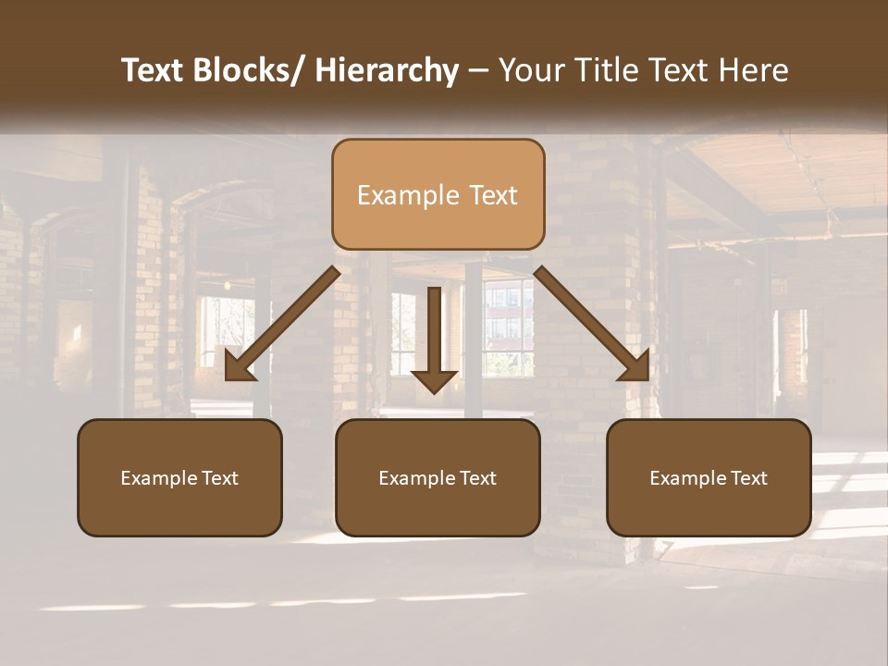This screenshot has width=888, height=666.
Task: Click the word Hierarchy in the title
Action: [387, 70]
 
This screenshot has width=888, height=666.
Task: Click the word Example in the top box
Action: [408, 195]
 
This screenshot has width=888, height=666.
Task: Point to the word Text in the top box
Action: [493, 195]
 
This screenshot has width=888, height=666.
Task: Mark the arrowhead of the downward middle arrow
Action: [434, 380]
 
